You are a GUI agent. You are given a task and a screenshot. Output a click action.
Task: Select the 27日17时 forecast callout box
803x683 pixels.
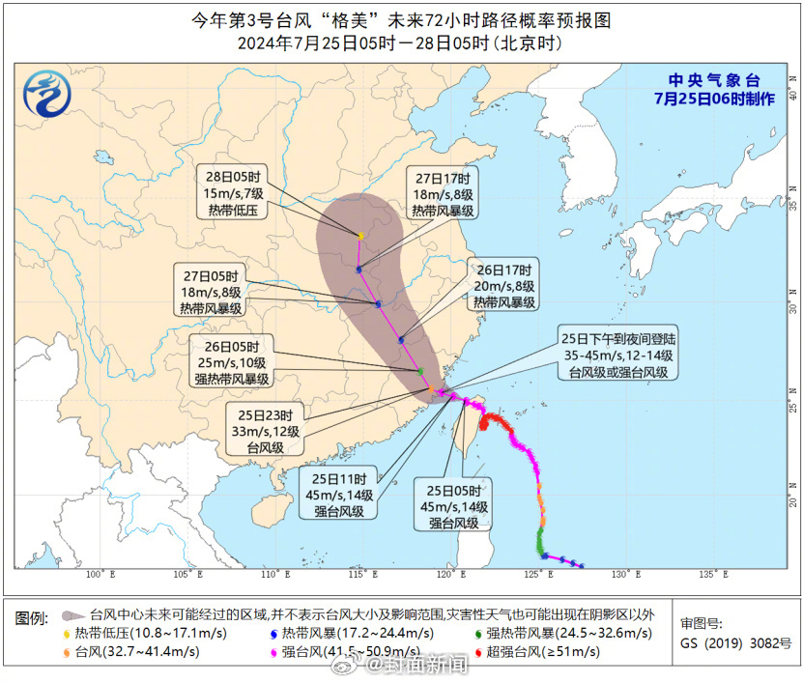click(444, 194)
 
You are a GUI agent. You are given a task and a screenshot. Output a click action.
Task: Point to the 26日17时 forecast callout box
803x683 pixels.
click(503, 285)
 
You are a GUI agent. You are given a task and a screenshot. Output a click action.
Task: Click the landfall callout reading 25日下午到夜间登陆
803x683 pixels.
click(619, 355)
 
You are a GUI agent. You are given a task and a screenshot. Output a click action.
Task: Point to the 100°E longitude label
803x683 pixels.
click(95, 575)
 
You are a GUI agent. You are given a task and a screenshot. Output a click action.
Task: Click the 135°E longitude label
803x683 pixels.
click(711, 575)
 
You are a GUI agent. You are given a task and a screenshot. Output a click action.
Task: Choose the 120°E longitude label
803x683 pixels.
click(447, 575)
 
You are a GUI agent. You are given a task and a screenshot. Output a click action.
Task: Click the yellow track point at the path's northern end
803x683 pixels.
click(360, 236)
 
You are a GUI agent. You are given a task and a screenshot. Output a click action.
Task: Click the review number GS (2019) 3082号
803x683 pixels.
click(735, 642)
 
